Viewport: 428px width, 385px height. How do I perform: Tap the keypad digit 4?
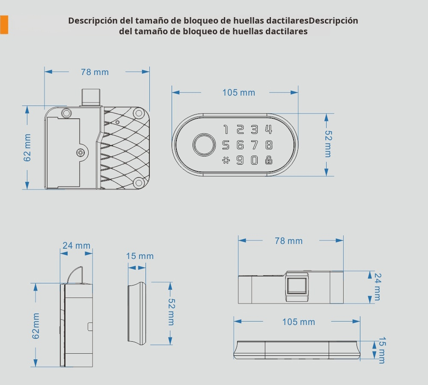click(x=268, y=129)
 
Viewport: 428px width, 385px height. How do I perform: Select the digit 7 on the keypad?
click(x=254, y=144)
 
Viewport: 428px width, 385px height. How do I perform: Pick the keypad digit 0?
click(x=254, y=160)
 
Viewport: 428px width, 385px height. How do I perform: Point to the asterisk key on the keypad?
click(x=226, y=160)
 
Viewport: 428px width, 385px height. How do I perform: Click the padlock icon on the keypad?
click(x=268, y=160)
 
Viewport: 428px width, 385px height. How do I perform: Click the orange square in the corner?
click(x=4, y=24)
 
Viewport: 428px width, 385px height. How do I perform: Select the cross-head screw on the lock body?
click(x=81, y=152)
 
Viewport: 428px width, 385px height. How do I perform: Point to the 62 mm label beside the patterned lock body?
click(x=27, y=148)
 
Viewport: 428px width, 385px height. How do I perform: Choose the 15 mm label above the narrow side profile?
click(x=140, y=256)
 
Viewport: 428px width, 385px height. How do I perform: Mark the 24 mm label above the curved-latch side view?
click(x=76, y=246)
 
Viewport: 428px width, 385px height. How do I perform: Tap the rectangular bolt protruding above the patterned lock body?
click(x=90, y=97)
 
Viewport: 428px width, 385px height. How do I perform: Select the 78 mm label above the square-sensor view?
click(x=288, y=241)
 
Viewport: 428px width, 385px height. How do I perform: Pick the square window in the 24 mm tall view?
click(x=297, y=286)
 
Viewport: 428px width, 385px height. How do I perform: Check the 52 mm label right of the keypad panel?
click(x=328, y=144)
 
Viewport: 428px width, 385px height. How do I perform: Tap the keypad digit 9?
click(x=240, y=160)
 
